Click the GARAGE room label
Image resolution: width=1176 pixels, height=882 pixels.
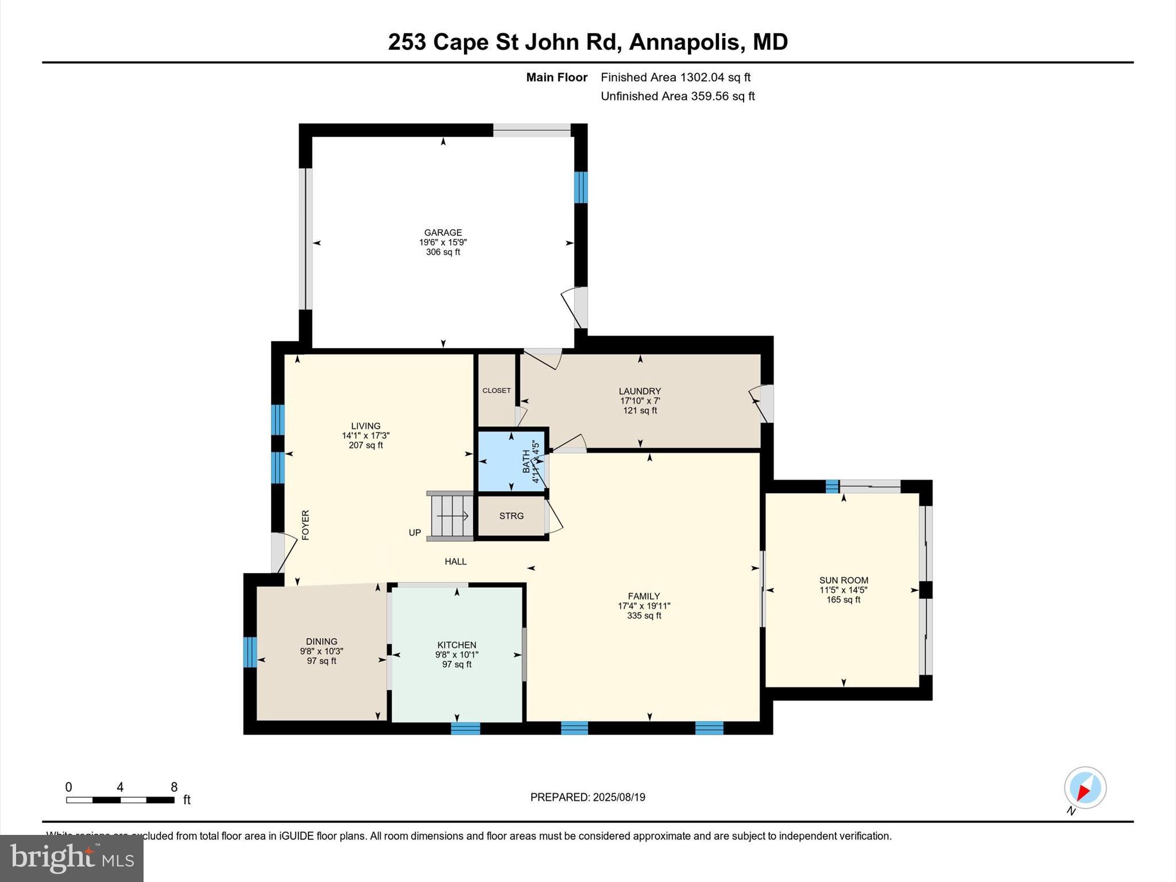tap(443, 233)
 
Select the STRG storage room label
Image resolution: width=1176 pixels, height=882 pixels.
tap(511, 516)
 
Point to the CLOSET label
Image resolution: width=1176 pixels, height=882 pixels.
tap(496, 390)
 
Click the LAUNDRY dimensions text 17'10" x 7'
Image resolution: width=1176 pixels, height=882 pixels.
tap(640, 401)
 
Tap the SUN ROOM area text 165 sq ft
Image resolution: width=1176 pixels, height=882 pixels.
tap(843, 599)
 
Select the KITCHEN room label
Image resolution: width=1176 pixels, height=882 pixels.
tap(457, 645)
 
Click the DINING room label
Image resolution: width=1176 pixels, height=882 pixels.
tap(322, 641)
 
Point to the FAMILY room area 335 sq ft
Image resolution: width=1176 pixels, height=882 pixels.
tap(644, 616)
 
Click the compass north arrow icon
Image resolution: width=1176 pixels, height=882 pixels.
tap(1085, 788)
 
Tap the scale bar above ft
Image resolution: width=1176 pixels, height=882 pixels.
tap(120, 800)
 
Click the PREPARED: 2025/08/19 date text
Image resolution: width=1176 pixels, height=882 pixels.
tap(587, 797)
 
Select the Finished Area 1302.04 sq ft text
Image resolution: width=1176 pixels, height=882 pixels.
tap(675, 77)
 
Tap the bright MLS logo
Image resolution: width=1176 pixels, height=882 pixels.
tap(72, 858)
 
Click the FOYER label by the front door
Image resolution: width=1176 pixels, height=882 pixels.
tap(305, 524)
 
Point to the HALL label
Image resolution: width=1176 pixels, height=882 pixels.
tap(455, 562)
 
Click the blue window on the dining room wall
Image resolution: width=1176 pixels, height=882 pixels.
tap(250, 652)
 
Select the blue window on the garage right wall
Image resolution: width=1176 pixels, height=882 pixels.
tap(581, 187)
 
